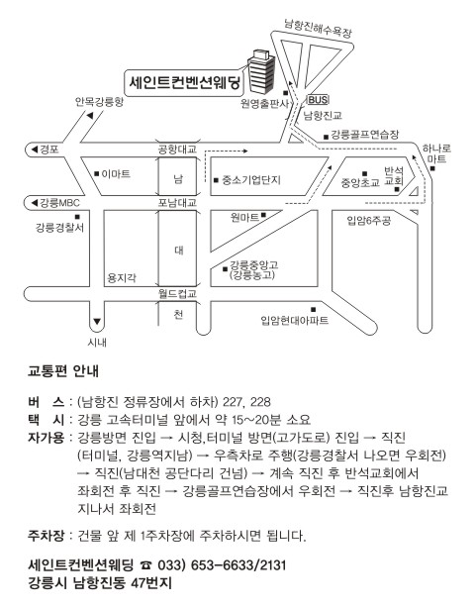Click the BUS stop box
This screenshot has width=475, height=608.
pyautogui.click(x=318, y=100)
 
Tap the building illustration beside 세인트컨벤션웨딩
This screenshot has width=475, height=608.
pyautogui.click(x=260, y=71)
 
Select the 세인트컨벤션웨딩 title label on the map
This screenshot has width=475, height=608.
pyautogui.click(x=185, y=82)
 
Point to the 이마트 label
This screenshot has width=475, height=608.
pyautogui.click(x=116, y=174)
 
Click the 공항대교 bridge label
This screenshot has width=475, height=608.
pyautogui.click(x=177, y=149)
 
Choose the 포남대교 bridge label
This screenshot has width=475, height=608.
pyautogui.click(x=177, y=202)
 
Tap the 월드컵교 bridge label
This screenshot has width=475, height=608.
pyautogui.click(x=177, y=293)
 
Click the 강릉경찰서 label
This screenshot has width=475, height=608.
pyautogui.click(x=59, y=227)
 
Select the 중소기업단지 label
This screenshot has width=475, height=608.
pyautogui.click(x=251, y=180)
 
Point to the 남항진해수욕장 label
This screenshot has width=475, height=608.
pyautogui.click(x=318, y=28)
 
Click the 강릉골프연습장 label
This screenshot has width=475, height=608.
pyautogui.click(x=364, y=135)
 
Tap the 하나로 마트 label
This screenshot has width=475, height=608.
pyautogui.click(x=436, y=153)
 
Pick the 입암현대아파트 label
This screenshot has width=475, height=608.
pyautogui.click(x=295, y=320)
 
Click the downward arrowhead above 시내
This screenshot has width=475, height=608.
pyautogui.click(x=97, y=322)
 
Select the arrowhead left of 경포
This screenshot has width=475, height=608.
pyautogui.click(x=34, y=150)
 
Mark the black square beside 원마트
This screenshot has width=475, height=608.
pyautogui.click(x=264, y=215)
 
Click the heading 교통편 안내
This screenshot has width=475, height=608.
pyautogui.click(x=63, y=371)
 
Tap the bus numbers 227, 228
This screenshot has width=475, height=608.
pyautogui.click(x=246, y=402)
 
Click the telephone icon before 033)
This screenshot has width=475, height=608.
pyautogui.click(x=146, y=565)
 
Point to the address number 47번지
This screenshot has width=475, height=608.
pyautogui.click(x=151, y=583)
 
